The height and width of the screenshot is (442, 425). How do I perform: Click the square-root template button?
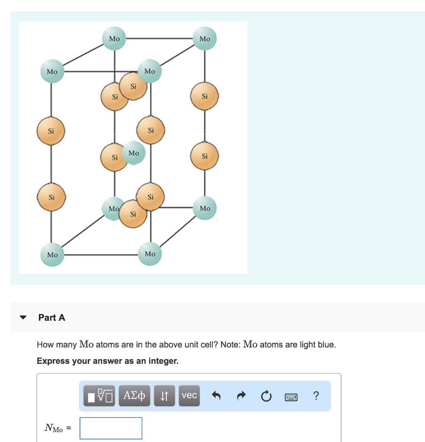coord(99,396)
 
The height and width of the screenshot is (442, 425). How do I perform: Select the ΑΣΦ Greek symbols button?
coord(134,396)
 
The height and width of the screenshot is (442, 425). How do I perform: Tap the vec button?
coord(189,396)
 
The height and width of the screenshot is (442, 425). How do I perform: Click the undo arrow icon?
coord(216,396)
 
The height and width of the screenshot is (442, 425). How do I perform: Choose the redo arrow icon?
coord(241,396)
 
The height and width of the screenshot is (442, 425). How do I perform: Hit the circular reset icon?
coord(266,396)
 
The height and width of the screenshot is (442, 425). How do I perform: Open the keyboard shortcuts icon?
coord(291,397)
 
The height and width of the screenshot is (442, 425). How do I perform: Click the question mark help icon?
coord(316,396)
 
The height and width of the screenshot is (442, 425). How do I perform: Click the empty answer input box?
coord(111,428)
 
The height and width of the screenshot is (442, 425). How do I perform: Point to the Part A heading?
coord(52,317)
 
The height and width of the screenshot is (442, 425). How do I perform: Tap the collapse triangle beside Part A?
coord(23,317)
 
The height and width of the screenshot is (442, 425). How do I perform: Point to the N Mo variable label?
coord(54,428)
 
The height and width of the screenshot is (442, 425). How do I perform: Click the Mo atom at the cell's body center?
coord(134,153)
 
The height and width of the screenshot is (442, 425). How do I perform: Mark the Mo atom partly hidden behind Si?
coord(112,208)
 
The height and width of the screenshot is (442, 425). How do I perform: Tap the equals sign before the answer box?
coord(69,428)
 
